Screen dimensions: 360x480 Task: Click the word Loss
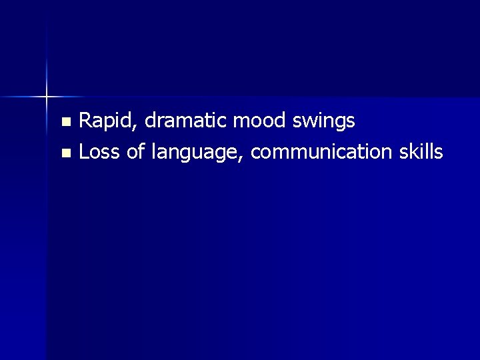click(99, 152)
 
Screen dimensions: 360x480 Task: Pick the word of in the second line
click(135, 152)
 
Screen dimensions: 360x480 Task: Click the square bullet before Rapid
click(65, 122)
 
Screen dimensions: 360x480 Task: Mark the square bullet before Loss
click(65, 153)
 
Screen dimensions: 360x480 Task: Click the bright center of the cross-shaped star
click(47, 97)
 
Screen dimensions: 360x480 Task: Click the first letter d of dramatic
click(150, 121)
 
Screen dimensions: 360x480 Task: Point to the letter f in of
click(141, 152)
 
